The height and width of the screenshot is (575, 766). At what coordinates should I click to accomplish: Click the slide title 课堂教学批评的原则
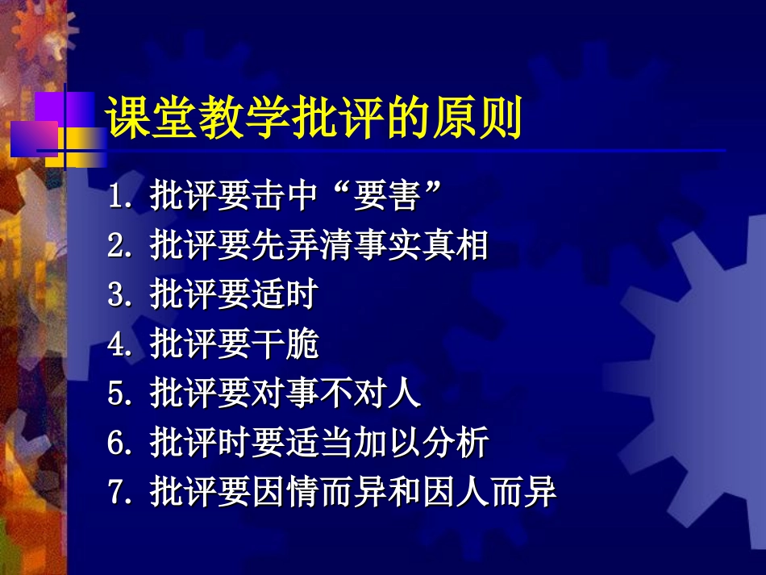click(314, 119)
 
